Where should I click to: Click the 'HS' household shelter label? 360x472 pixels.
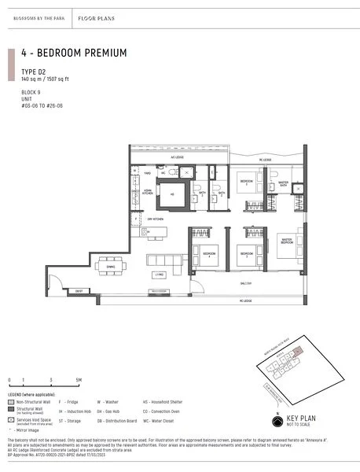(x=172, y=194)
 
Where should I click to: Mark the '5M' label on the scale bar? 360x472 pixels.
(x=79, y=380)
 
